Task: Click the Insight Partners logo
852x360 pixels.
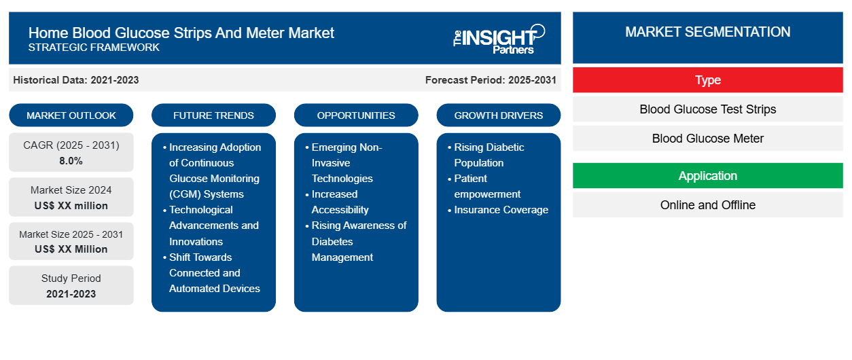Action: [x=499, y=39]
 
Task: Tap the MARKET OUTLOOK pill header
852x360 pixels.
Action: [x=71, y=115]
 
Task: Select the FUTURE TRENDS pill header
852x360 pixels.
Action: [x=213, y=115]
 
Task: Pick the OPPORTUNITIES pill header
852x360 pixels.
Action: [x=356, y=115]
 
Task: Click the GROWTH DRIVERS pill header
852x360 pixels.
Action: [x=498, y=115]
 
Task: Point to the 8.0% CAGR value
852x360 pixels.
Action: [x=71, y=161]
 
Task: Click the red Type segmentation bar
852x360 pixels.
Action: [x=707, y=80]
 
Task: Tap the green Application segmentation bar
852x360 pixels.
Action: [x=707, y=176]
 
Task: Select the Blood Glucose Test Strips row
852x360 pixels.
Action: [x=707, y=109]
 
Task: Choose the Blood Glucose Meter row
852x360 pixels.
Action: [x=707, y=139]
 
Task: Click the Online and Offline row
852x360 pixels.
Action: [x=707, y=205]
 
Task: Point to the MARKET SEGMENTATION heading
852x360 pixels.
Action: [x=707, y=32]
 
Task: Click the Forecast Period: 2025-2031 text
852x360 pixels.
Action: [x=491, y=80]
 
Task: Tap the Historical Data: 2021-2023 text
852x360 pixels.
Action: [x=76, y=80]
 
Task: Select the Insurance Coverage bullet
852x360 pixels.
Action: [x=501, y=210]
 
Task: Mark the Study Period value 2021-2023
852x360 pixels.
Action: [x=71, y=294]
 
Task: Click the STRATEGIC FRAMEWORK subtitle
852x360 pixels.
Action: [x=94, y=48]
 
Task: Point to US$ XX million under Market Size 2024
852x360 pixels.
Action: [x=71, y=206]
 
